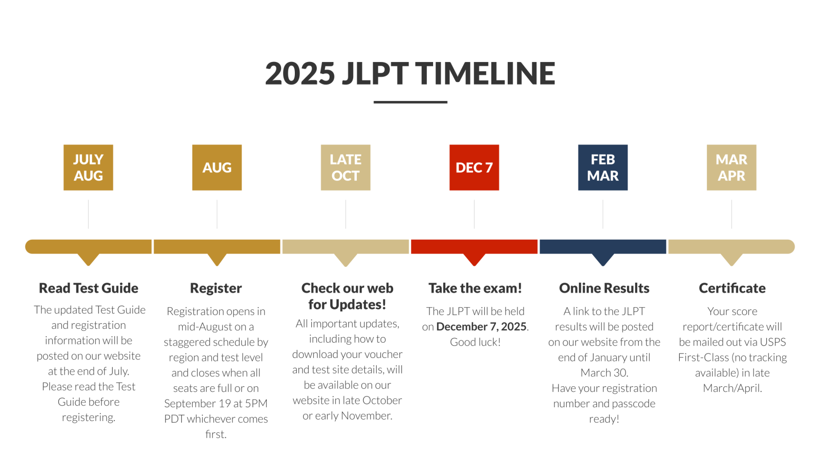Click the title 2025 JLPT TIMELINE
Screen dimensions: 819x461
point(410,73)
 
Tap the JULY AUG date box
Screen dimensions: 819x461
point(88,167)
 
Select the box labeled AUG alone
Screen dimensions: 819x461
point(217,167)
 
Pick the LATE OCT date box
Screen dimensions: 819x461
point(346,167)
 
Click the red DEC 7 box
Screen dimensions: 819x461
point(474,167)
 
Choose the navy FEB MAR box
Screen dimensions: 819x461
point(603,167)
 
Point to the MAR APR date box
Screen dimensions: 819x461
point(731,167)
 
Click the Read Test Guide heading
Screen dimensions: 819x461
point(89,288)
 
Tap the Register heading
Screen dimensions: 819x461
point(215,288)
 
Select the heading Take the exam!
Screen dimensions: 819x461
point(475,288)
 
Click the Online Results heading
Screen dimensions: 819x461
point(604,288)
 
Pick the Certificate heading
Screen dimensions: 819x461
point(732,288)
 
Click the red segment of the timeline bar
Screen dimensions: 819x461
point(474,246)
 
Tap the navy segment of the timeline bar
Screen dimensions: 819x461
point(603,246)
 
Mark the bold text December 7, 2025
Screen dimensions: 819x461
point(481,326)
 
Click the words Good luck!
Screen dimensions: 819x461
point(475,342)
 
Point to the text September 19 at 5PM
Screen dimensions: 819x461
point(215,404)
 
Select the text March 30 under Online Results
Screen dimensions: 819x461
point(604,373)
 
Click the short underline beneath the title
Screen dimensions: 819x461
point(410,102)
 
